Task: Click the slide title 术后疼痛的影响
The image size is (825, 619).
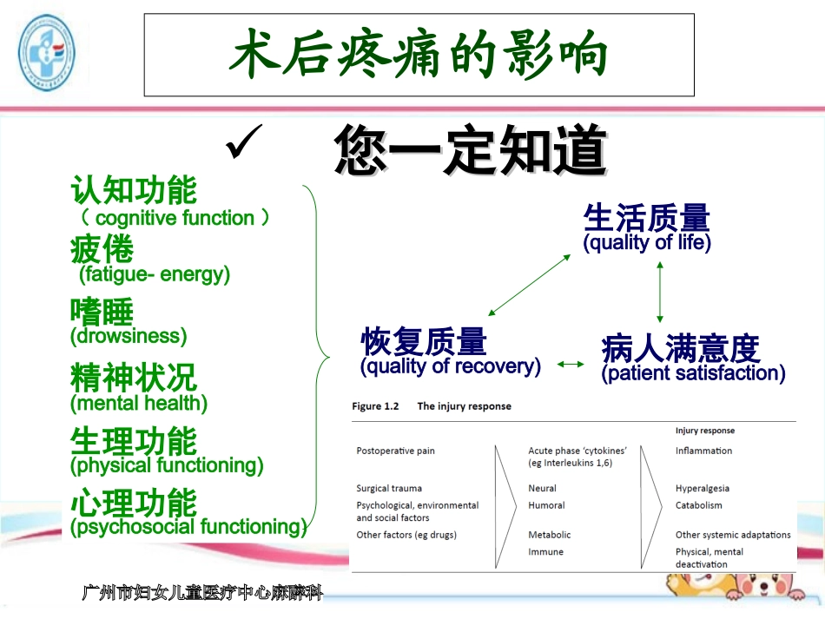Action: click(419, 56)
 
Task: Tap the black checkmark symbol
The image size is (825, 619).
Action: click(243, 144)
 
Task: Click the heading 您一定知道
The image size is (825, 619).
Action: click(470, 151)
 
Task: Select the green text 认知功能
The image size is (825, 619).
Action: click(134, 190)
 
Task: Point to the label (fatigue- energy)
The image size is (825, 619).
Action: click(155, 275)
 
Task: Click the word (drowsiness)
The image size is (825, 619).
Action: click(129, 336)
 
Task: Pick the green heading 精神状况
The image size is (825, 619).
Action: click(134, 378)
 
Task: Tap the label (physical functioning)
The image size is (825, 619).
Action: click(167, 465)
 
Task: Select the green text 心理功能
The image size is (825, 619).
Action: click(134, 503)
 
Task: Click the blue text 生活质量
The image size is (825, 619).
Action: click(646, 218)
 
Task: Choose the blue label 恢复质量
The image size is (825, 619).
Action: click(424, 342)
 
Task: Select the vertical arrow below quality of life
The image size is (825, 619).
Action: click(660, 291)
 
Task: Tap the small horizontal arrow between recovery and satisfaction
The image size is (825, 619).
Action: click(571, 365)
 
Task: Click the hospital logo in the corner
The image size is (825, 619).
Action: click(47, 52)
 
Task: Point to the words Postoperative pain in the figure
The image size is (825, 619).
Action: click(395, 451)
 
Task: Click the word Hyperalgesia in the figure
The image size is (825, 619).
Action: click(702, 489)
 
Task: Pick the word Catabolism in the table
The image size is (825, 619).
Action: click(698, 505)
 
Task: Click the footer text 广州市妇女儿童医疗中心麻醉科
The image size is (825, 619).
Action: click(201, 594)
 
